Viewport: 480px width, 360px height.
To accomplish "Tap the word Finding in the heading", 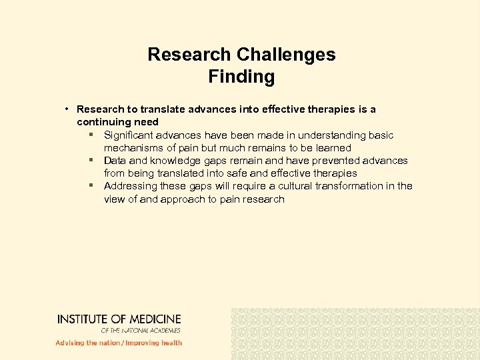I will [241, 77].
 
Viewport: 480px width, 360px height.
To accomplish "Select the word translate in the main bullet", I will [157, 109].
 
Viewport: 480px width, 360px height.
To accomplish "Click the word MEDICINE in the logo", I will [154, 319].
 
